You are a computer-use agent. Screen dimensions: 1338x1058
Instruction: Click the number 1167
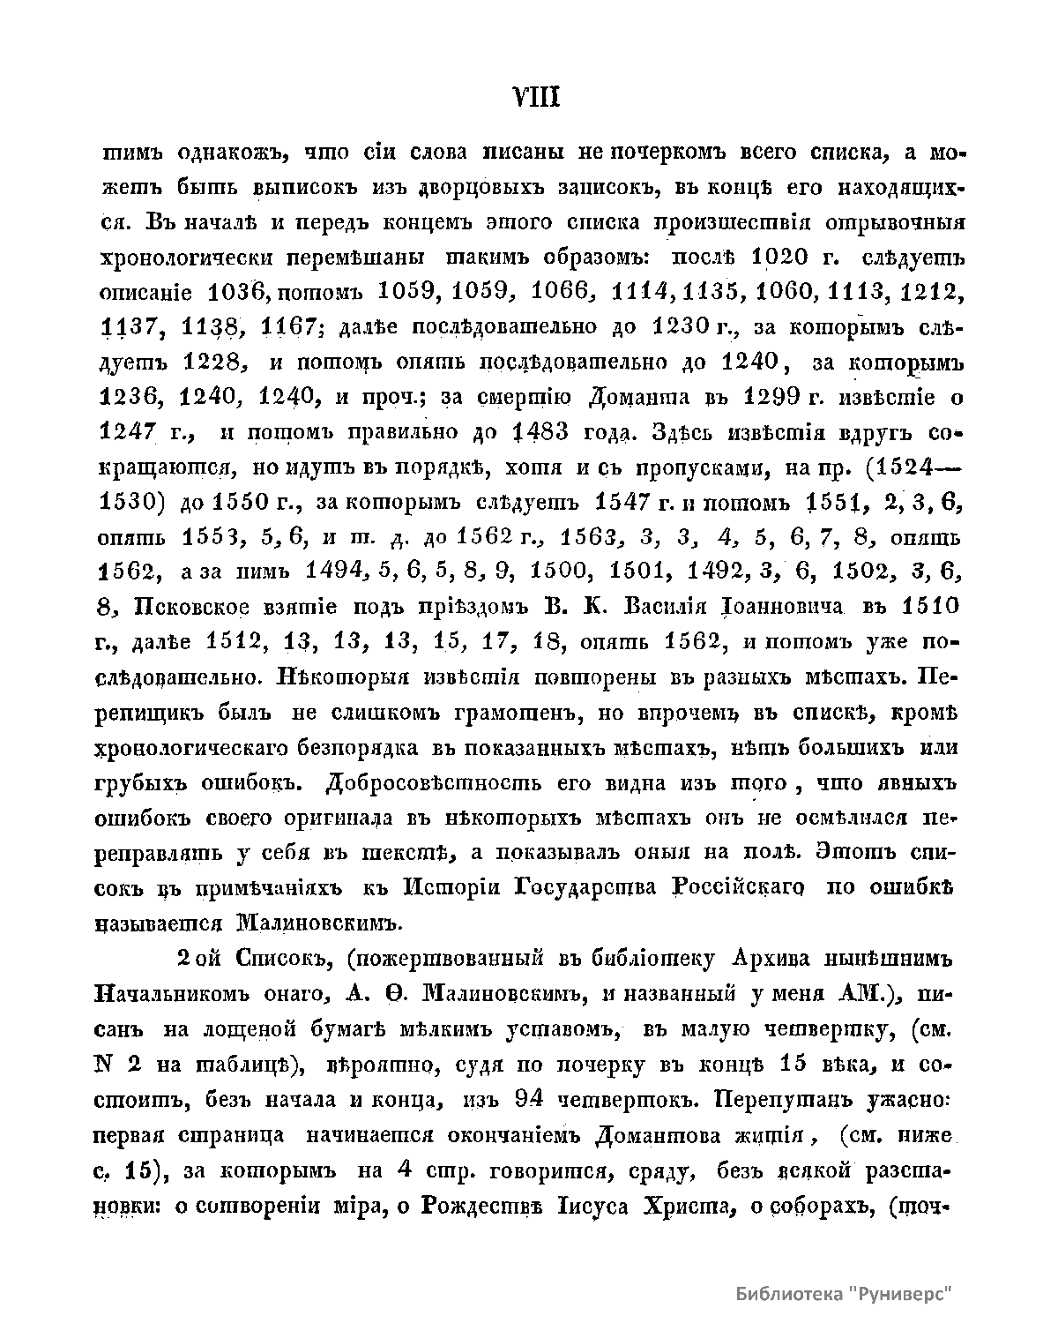tap(289, 327)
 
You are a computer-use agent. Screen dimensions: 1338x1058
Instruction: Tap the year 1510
tap(928, 608)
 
